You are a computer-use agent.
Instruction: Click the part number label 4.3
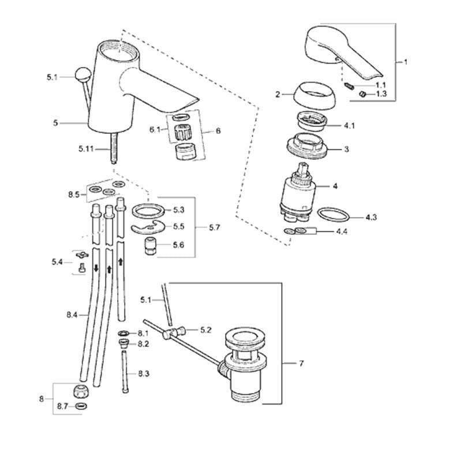tap(371, 218)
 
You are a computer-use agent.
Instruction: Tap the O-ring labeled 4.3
tap(334, 216)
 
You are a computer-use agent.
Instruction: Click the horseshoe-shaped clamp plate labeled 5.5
tap(148, 229)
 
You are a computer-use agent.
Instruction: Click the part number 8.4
tap(72, 315)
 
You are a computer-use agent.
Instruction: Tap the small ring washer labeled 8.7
tap(82, 407)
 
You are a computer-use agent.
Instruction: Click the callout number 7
tap(301, 364)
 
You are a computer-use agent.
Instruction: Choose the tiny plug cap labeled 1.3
tap(361, 93)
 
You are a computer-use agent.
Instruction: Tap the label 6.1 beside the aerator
tap(154, 130)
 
